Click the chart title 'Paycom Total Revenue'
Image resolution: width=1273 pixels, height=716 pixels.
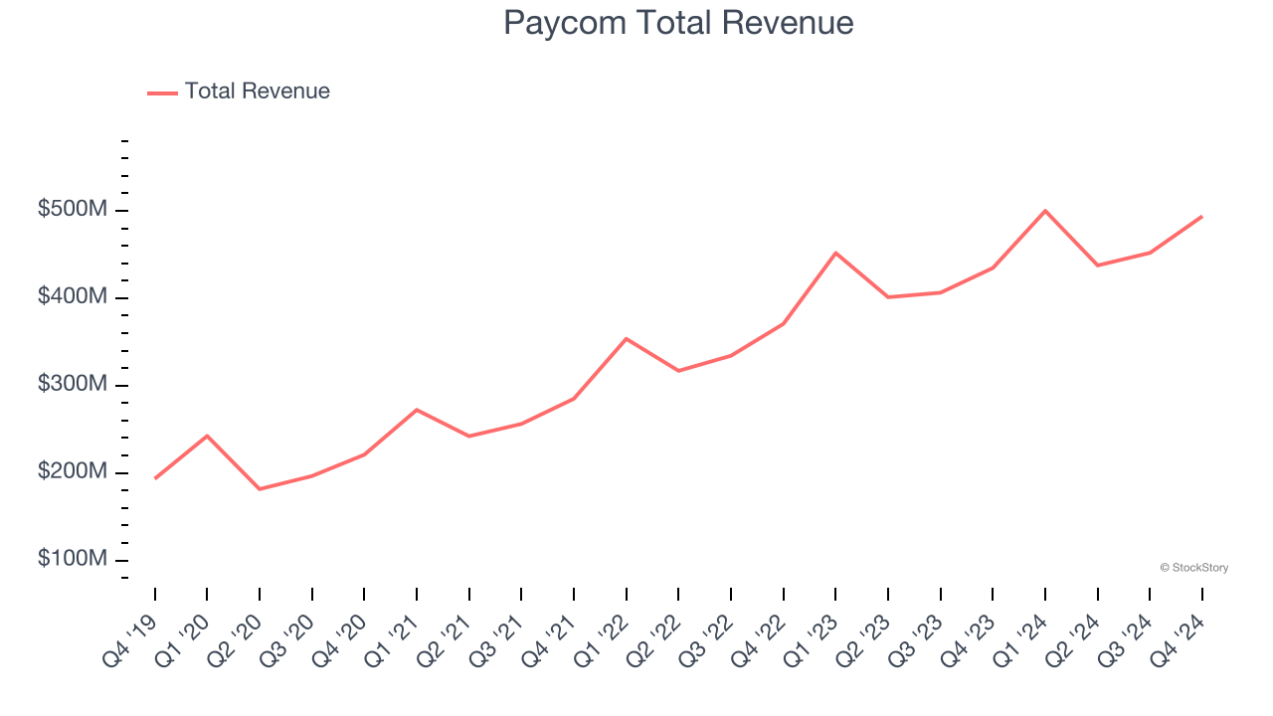(x=678, y=23)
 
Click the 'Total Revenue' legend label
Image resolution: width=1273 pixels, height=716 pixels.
(x=257, y=91)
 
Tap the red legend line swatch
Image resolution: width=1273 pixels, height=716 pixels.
(x=162, y=92)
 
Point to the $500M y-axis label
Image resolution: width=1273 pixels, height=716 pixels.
(x=73, y=211)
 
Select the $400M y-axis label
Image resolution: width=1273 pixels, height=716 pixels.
(x=73, y=297)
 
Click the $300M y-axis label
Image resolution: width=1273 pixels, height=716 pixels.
(x=73, y=385)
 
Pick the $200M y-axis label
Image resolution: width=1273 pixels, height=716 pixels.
(x=73, y=472)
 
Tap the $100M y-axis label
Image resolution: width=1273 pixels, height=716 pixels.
(x=73, y=560)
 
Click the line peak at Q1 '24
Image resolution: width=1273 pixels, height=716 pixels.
(x=1045, y=211)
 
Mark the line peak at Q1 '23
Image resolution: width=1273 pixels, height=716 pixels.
(x=835, y=253)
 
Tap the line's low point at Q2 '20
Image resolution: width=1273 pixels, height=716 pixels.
(x=260, y=489)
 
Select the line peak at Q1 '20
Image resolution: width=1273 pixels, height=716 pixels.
(x=207, y=436)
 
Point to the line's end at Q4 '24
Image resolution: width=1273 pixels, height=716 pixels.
(x=1201, y=217)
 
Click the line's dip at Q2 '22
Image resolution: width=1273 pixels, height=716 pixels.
(x=678, y=371)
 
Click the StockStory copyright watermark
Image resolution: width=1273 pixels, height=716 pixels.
(x=1193, y=568)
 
